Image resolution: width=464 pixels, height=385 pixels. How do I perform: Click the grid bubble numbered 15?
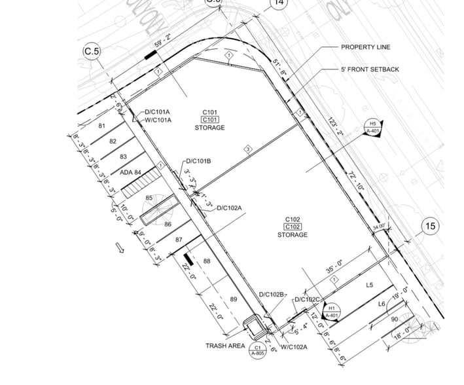430,227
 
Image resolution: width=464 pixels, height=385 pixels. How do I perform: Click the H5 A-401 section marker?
372,127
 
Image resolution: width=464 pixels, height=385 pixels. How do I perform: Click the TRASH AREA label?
224,346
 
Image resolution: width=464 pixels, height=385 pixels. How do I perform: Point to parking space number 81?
101,126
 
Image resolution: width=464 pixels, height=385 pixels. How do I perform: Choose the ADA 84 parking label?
131,172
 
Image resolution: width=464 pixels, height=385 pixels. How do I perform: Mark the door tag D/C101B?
198,161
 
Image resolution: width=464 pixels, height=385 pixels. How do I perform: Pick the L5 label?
369,285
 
